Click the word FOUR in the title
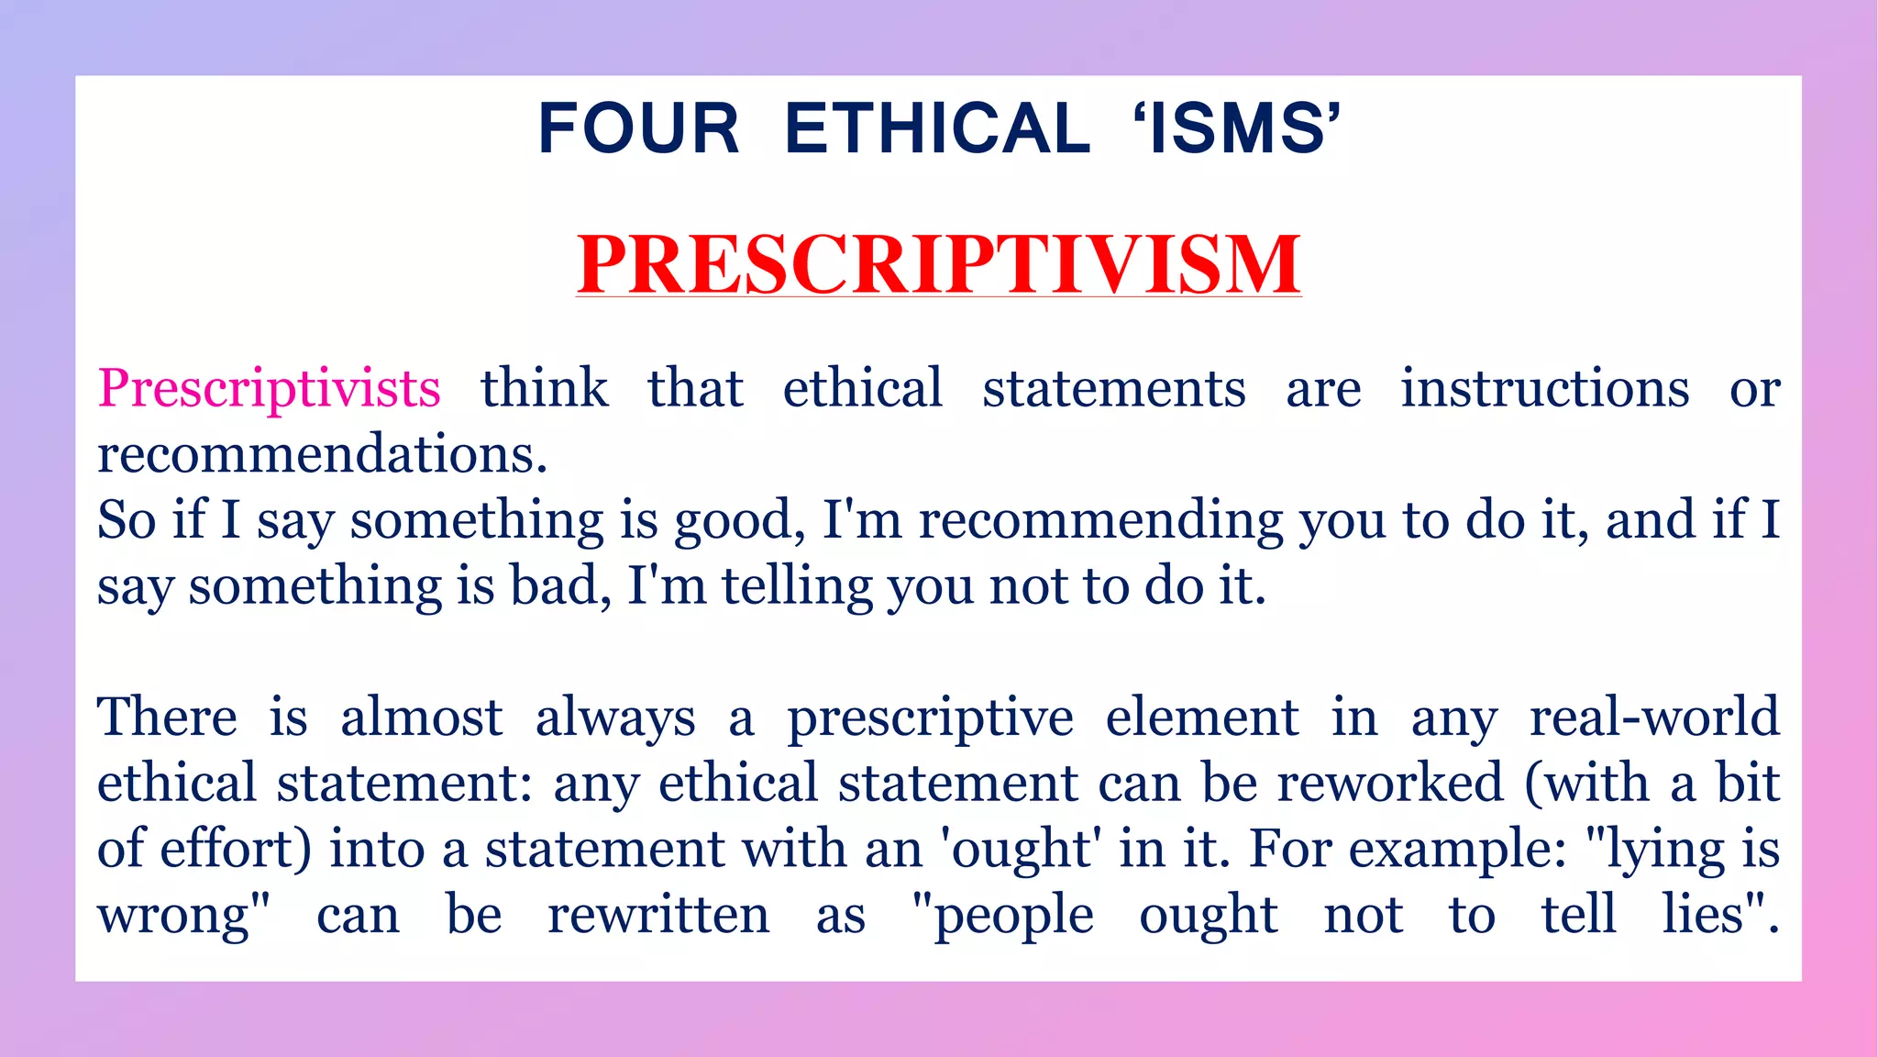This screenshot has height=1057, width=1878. pos(638,128)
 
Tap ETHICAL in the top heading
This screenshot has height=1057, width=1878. pos(937,128)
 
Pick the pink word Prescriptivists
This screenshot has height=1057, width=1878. pos(269,389)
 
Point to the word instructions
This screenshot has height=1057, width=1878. pos(1544,389)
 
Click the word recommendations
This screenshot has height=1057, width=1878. pos(322,454)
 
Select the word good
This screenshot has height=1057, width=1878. pos(733,520)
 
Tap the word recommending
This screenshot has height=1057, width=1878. pos(1100,520)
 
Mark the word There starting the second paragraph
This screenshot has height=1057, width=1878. pos(167,718)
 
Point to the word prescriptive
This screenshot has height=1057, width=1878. pos(930,718)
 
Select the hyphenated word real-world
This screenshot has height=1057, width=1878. pos(1654,718)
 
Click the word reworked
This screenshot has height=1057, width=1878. pos(1390,784)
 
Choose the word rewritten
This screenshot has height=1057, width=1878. pos(658,915)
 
